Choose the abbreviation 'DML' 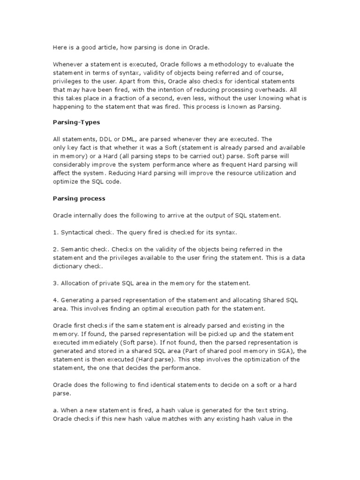coord(129,139)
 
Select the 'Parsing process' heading coord(79,198)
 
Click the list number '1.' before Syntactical coord(55,232)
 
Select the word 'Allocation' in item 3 coord(75,283)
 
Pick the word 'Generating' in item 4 coord(77,300)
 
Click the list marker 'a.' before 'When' coord(55,402)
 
